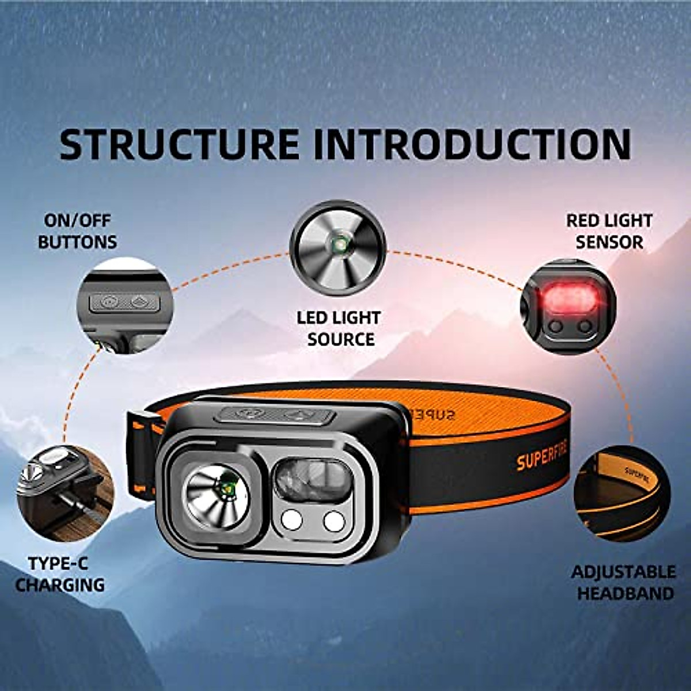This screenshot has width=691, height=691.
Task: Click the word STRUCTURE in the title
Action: (179, 145)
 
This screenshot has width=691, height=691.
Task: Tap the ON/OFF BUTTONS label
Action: (78, 231)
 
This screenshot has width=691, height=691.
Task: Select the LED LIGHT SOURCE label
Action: (339, 328)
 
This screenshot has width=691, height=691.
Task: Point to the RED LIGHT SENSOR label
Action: (609, 231)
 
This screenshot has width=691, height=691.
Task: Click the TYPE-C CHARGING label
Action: (60, 574)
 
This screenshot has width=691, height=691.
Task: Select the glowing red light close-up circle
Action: (568, 306)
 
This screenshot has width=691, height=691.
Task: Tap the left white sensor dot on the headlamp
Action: (291, 521)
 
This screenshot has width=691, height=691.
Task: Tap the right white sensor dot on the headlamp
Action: (333, 521)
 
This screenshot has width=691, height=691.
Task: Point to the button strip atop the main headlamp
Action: (278, 415)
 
